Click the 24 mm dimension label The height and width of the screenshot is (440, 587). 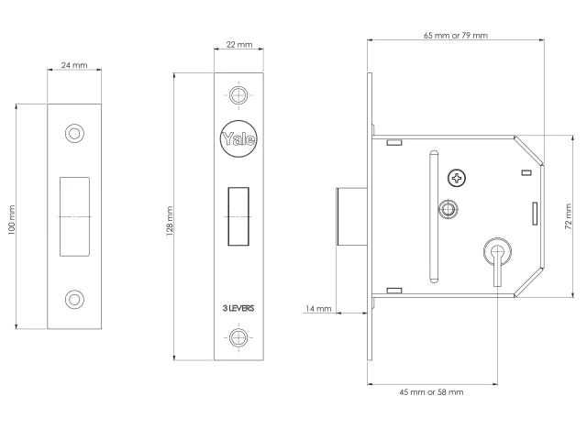coord(74,65)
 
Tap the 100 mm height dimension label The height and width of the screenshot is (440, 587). coord(12,220)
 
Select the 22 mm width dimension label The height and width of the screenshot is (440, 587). coord(239,45)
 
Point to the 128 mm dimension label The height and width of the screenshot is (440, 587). coord(170,221)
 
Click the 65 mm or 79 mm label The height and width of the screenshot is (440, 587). coord(456,36)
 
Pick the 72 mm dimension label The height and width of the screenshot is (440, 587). coord(569,216)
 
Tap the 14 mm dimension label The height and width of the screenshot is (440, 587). coord(318,309)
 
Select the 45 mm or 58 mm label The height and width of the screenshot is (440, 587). coord(431,392)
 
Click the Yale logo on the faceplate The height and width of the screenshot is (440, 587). coord(238,138)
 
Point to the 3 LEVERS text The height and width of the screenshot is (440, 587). coord(238,308)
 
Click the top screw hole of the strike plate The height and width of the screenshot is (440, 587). coord(74,133)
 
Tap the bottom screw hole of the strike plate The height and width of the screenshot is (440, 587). coord(74,300)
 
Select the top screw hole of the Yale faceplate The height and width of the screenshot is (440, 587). coord(238,95)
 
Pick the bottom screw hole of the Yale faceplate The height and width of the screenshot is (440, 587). coord(238,337)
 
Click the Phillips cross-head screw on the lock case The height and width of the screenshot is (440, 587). coord(457,178)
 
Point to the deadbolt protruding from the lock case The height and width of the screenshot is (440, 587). coord(352,216)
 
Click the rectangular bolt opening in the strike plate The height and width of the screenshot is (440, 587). coord(74,216)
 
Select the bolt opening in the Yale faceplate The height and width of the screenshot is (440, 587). coord(238,216)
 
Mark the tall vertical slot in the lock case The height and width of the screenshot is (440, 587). coord(434,216)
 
